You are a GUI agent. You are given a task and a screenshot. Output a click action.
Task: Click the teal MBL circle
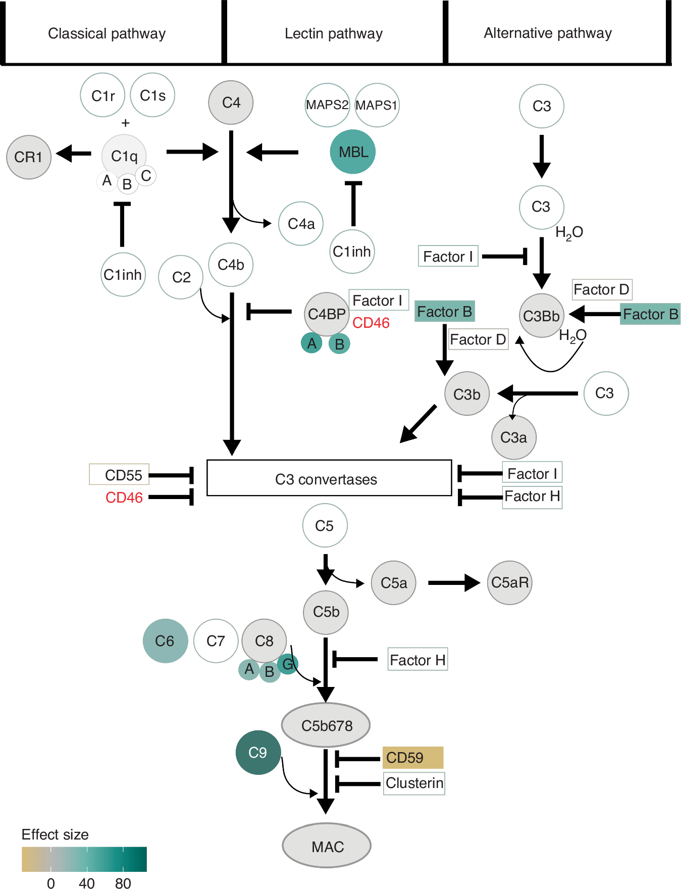coord(352,152)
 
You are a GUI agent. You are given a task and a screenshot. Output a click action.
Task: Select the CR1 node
coord(29,157)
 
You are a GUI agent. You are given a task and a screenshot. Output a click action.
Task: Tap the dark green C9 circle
coord(258,753)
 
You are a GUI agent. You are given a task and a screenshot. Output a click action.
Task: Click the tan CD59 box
coord(412,758)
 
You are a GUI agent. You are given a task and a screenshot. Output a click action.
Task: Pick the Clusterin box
coord(414,783)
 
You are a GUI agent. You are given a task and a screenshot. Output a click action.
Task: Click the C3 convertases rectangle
coord(329,478)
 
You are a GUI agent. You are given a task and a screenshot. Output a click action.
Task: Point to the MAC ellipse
coord(327,846)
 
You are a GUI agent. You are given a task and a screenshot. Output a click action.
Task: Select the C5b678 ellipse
coord(326,725)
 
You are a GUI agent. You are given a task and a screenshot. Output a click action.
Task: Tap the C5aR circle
coord(509,582)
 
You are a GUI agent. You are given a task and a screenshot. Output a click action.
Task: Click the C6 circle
coord(165,641)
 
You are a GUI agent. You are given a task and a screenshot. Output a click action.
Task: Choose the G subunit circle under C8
coord(288,664)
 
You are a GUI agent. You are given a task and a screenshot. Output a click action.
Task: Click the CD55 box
coord(120,475)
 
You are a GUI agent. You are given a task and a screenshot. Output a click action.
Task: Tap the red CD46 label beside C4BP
coord(371,323)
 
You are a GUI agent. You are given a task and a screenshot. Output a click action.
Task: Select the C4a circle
coord(301,224)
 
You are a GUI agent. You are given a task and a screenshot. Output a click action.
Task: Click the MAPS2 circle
coord(327,105)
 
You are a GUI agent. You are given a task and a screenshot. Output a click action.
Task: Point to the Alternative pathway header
coord(548,33)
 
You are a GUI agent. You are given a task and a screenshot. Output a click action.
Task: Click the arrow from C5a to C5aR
coord(453,582)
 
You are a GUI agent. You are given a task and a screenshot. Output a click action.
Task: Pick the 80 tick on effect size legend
coord(123,883)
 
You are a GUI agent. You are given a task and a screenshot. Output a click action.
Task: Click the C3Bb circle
coord(541,316)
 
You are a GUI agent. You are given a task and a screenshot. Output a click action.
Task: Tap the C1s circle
coord(152,95)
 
